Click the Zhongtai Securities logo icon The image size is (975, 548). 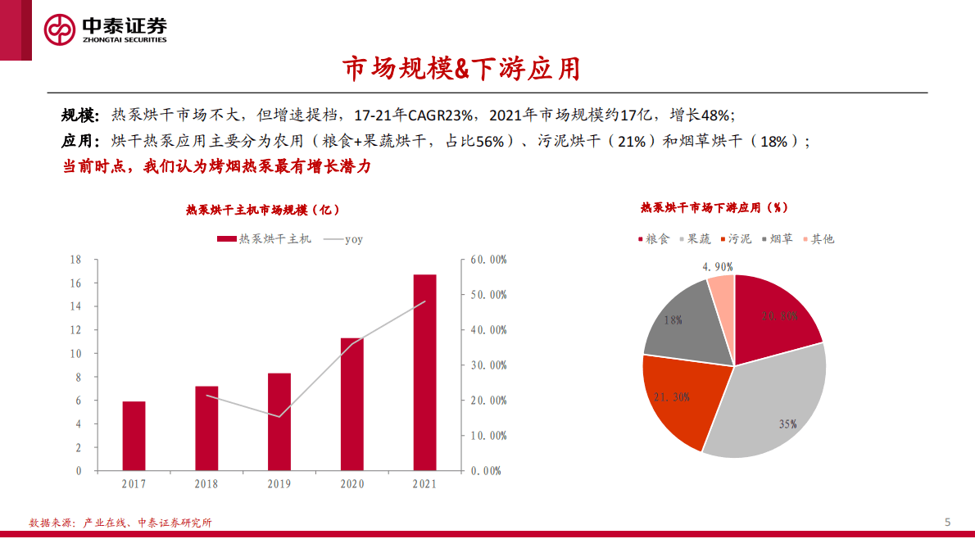point(59,30)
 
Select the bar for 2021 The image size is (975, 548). point(424,373)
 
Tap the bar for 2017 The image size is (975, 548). point(134,436)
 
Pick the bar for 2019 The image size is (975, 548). point(279,422)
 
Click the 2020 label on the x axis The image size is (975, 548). point(351,484)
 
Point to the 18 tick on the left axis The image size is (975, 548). point(75,260)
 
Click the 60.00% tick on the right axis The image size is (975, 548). point(489,260)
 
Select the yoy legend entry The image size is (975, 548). point(343,239)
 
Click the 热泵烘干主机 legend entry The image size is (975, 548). point(264,239)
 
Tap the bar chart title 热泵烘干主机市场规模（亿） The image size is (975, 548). point(262,211)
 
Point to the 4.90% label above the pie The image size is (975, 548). point(717,267)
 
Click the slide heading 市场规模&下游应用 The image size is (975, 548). point(461,70)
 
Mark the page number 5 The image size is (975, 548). point(947,522)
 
